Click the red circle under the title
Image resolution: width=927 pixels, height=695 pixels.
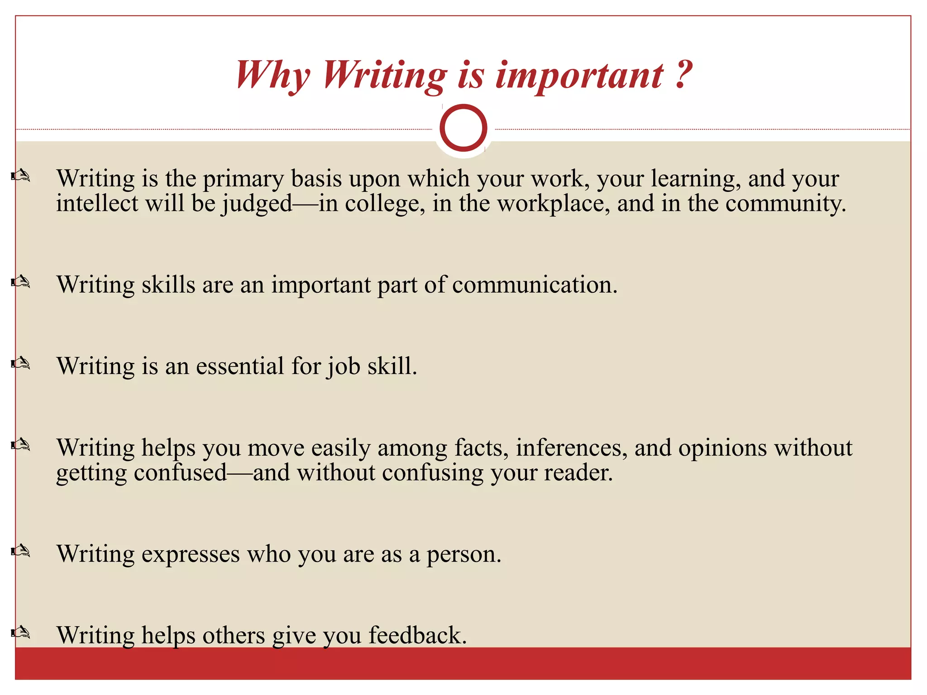coord(463,128)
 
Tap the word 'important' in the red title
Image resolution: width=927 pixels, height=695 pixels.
coord(580,76)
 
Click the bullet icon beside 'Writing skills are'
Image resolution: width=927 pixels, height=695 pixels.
coord(21,282)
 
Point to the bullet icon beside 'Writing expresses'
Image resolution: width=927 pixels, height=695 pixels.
coord(21,551)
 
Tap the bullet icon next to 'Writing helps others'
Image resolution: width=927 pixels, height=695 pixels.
coord(21,633)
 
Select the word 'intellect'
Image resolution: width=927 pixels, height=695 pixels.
coord(97,203)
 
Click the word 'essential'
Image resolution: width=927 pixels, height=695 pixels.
coord(239,366)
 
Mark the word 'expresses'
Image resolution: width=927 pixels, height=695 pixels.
coord(191,555)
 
